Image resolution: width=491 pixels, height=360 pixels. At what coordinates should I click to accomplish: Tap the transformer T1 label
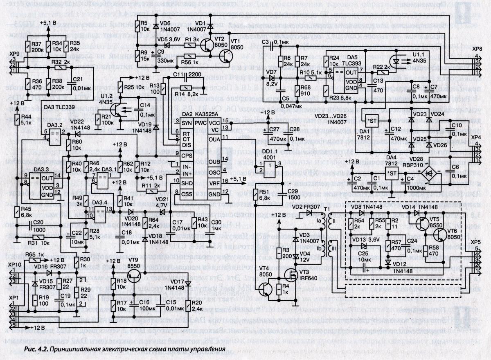tap(326, 209)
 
